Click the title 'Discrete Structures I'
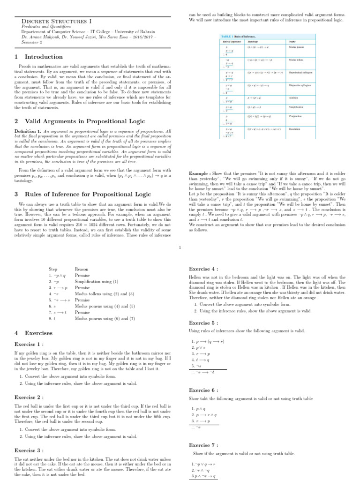pyautogui.click(x=57, y=21)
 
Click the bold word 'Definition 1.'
pyautogui.click(x=28, y=131)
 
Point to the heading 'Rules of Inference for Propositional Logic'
pyautogui.click(x=82, y=194)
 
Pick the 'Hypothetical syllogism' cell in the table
pyautogui.click(x=300, y=73)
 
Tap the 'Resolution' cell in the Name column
pyautogui.click(x=295, y=128)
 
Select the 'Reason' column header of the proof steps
pyautogui.click(x=82, y=269)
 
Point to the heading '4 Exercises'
pyautogui.click(x=32, y=332)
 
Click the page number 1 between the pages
pyautogui.click(x=180, y=248)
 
